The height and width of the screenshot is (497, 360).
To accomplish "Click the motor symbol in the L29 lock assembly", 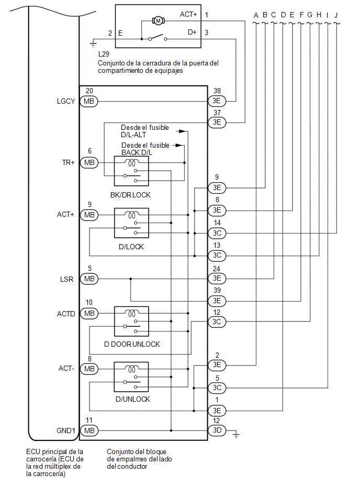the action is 159,21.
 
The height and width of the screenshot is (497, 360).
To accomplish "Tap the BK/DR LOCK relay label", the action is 130,195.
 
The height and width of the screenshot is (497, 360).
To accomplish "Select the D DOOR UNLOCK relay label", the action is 132,344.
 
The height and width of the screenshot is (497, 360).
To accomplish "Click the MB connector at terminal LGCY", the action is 89,102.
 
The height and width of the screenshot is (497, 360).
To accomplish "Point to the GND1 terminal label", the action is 66,430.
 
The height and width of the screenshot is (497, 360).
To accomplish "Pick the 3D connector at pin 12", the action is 217,430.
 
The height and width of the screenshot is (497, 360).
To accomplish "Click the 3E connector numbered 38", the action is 217,101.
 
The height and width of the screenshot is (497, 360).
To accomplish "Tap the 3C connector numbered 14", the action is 217,233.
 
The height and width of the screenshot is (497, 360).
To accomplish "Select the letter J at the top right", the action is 336,15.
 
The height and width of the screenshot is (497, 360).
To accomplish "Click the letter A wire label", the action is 256,15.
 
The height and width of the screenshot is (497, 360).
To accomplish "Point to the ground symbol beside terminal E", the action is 93,44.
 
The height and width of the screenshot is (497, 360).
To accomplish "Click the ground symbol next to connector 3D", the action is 236,434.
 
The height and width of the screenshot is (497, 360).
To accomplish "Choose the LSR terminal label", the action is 66,279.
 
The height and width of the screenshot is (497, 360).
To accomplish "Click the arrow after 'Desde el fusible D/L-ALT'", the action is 181,131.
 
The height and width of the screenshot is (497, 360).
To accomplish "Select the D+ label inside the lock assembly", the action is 192,32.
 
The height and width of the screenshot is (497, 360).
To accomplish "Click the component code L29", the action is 104,54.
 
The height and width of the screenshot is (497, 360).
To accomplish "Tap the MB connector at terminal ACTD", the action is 89,314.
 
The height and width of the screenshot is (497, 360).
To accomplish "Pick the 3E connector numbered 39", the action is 217,301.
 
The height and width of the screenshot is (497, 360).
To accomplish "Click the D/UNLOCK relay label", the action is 133,400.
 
